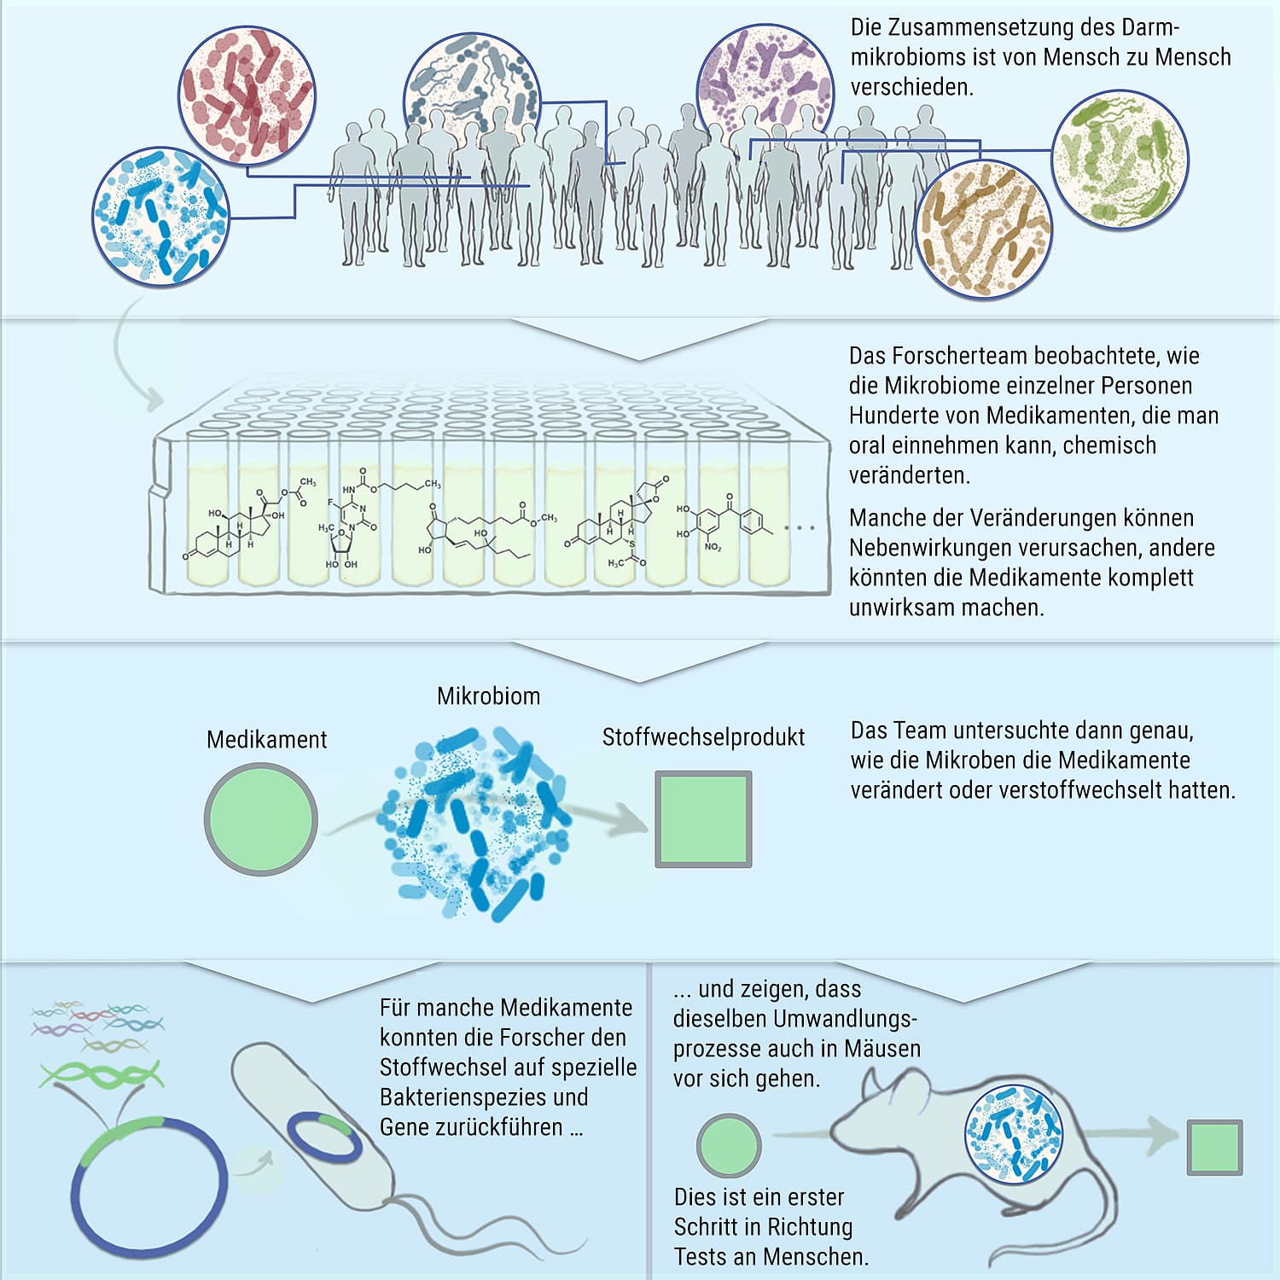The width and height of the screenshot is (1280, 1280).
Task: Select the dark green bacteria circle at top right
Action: (x=1120, y=160)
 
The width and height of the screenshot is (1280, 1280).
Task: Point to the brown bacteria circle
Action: (x=984, y=229)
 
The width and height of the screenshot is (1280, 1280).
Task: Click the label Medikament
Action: (x=266, y=740)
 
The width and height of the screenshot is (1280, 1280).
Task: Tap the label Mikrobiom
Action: (x=488, y=696)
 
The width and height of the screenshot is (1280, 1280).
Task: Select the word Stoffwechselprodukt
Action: (x=703, y=737)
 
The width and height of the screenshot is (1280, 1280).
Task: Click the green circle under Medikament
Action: (x=261, y=819)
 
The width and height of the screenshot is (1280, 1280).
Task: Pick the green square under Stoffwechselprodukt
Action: (x=703, y=819)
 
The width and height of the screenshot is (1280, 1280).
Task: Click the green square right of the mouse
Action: (x=1214, y=1147)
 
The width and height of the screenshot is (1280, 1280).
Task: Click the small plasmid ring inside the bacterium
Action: (x=323, y=1138)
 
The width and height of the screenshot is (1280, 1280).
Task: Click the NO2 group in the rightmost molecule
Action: (x=713, y=547)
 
